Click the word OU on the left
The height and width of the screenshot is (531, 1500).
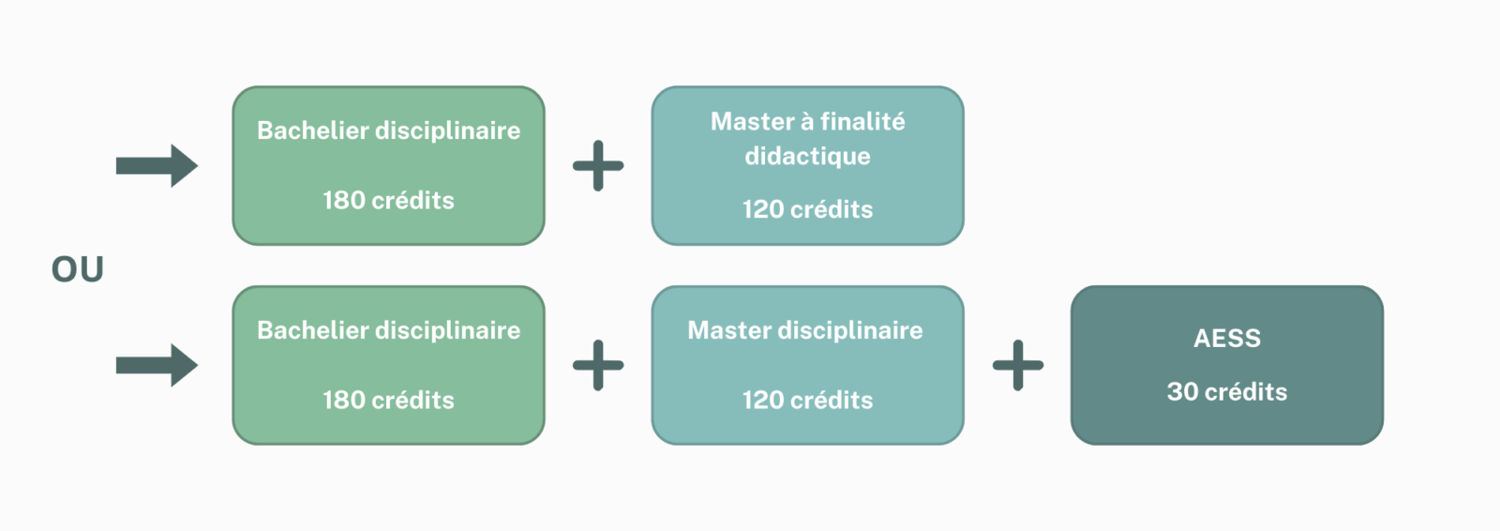[x=78, y=269]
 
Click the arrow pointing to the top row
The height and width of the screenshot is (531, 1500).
[x=157, y=166]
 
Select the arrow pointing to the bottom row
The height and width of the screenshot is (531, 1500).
[x=157, y=365]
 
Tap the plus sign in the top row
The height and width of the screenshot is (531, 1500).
[x=598, y=166]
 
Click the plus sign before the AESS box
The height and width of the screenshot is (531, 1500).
[x=1018, y=365]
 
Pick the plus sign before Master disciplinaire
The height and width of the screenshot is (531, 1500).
[x=598, y=365]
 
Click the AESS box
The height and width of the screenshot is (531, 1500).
[x=1227, y=365]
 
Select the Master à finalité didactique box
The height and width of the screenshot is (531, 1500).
[x=807, y=166]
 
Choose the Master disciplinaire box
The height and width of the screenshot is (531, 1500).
[x=807, y=365]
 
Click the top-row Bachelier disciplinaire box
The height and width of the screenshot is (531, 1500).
[x=388, y=166]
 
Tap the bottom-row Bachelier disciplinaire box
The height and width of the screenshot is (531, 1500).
[x=388, y=365]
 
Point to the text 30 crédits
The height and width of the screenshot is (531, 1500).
[x=1227, y=391]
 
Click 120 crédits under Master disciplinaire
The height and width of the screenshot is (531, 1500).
[x=807, y=401]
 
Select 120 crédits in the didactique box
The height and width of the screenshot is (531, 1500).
[x=807, y=209]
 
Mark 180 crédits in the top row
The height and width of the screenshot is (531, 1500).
[x=388, y=201]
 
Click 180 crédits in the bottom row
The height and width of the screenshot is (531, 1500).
[x=388, y=401]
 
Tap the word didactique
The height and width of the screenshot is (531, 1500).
[x=807, y=157]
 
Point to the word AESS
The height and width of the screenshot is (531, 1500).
[x=1227, y=339]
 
